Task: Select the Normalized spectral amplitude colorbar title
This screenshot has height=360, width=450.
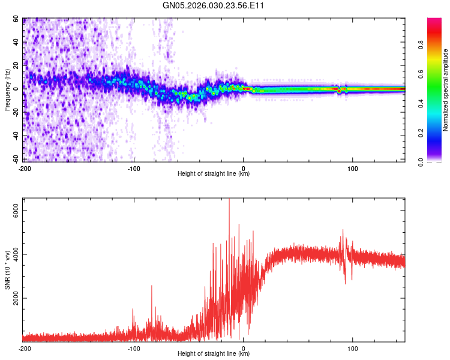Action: (x=446, y=90)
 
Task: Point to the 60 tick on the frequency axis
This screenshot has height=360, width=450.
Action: (x=16, y=19)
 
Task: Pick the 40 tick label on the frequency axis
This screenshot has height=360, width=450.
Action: (x=16, y=43)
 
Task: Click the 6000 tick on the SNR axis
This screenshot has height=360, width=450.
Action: (x=16, y=209)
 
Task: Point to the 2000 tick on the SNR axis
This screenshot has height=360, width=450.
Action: (x=16, y=298)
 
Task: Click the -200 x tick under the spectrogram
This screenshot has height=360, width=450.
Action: (x=25, y=168)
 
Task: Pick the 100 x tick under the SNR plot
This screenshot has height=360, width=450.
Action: (x=353, y=348)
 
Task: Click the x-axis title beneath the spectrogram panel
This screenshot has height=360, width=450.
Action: (x=214, y=174)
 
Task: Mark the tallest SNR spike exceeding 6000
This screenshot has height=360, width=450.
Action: (x=229, y=201)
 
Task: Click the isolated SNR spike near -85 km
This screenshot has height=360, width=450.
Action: (x=152, y=287)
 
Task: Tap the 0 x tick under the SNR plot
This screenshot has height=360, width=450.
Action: (x=244, y=348)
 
